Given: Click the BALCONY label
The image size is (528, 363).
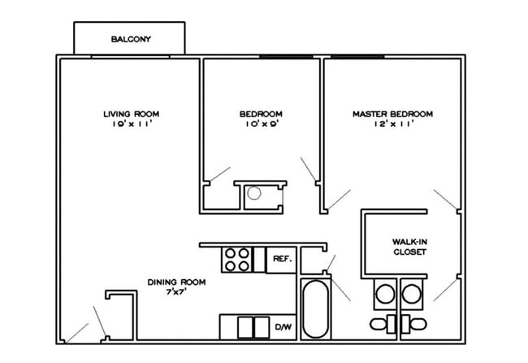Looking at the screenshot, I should point(131,39).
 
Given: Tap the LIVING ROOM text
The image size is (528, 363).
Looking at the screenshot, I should point(131,113).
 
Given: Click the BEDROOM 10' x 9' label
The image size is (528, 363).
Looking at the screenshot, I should point(261,119).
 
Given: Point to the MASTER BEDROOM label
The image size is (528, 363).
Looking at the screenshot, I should point(392,113).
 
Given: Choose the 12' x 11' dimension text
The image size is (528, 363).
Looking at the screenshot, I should point(392,125).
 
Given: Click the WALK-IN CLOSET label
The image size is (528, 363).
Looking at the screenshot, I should point(410,247).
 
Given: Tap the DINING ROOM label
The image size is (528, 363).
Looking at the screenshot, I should point(176,282).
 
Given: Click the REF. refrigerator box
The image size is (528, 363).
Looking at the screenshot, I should point(282,259).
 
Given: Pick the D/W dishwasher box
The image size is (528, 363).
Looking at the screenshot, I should point(283,326).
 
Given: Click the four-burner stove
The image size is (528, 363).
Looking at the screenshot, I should point(237,259).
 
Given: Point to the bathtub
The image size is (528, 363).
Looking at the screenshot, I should point(315,309).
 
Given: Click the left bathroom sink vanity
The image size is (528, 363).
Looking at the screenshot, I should point(385,293).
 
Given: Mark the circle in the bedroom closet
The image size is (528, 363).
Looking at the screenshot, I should point(254,194).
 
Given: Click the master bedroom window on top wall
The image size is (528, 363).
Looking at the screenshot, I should point(357,56).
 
